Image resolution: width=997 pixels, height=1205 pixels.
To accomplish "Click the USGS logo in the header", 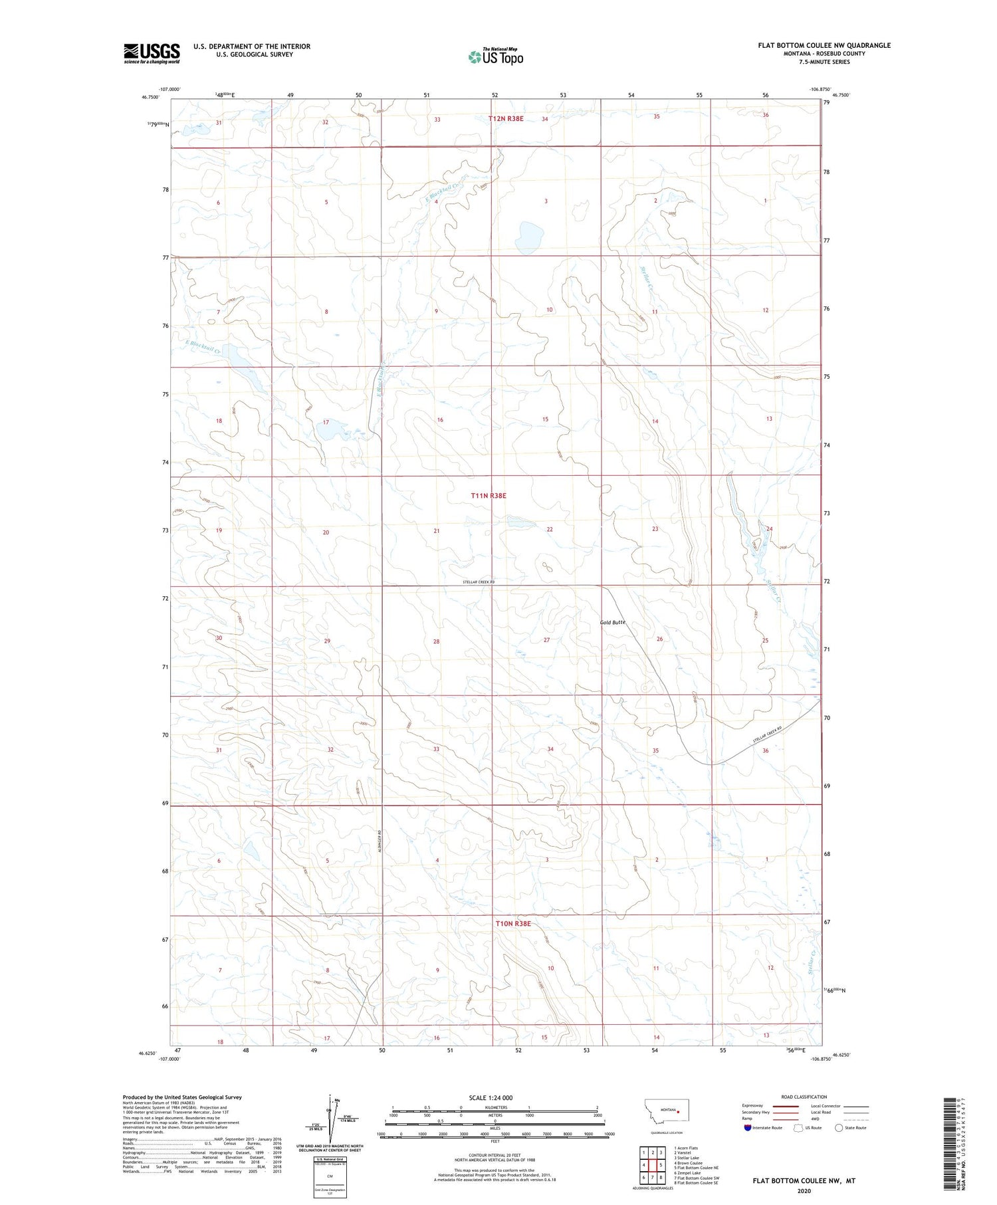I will pyautogui.click(x=152, y=53).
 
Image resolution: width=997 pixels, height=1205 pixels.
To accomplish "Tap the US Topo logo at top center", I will pyautogui.click(x=496, y=56).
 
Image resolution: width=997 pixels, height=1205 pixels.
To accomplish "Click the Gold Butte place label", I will pyautogui.click(x=612, y=623).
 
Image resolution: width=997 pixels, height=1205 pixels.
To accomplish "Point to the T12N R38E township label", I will pyautogui.click(x=506, y=119).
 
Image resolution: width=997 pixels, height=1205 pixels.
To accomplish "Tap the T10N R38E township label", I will pyautogui.click(x=513, y=924).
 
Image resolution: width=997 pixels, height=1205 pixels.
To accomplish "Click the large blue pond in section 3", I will pyautogui.click(x=530, y=234).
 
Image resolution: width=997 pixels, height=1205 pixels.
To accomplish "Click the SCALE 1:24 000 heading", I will pyautogui.click(x=491, y=1097).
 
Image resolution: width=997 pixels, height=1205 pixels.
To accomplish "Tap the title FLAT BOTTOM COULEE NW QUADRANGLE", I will pyautogui.click(x=824, y=45).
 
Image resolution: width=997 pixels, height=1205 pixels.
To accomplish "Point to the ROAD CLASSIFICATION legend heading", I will pyautogui.click(x=804, y=1097).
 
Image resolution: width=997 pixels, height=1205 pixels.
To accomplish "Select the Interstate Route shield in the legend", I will pyautogui.click(x=748, y=1127).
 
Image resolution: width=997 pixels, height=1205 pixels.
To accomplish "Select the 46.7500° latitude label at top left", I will pyautogui.click(x=151, y=96).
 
